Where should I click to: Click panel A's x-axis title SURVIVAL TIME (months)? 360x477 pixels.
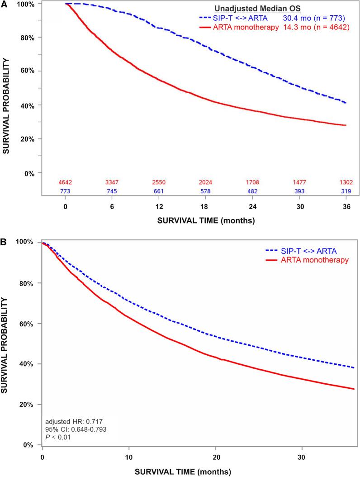pos(205,221)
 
